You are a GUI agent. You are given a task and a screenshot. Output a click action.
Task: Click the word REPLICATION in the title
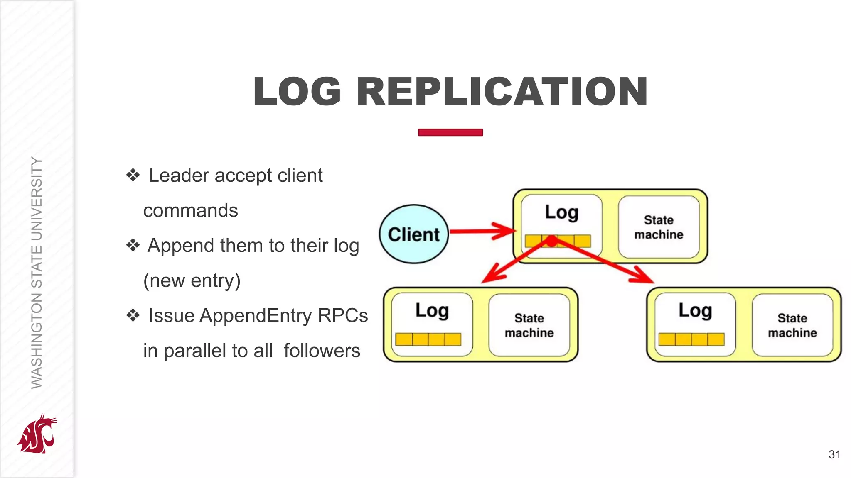[x=502, y=92]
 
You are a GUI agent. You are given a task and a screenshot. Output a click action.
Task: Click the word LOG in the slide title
[x=298, y=92]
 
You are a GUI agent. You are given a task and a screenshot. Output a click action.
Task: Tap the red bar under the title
[x=450, y=132]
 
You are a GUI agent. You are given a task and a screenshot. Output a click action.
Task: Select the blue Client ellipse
[x=414, y=234]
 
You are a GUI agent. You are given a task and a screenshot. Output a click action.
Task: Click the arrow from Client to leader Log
[x=482, y=231]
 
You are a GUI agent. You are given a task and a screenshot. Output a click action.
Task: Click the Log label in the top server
[x=561, y=212]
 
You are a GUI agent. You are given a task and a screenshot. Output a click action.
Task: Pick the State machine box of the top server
[x=659, y=227]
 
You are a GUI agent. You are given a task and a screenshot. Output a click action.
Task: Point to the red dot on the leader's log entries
[x=551, y=241]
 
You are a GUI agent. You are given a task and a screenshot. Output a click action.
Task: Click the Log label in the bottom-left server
[x=432, y=311]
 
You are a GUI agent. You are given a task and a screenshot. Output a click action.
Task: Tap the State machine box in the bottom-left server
[x=529, y=325]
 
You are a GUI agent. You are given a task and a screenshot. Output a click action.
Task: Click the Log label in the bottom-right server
[x=695, y=311]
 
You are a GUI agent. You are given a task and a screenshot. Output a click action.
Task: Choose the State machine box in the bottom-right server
[x=792, y=325]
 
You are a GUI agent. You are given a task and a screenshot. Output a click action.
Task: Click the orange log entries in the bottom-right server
[x=691, y=339]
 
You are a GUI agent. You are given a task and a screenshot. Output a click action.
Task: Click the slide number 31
[x=834, y=454]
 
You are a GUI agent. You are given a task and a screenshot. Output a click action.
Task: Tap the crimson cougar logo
[x=37, y=434]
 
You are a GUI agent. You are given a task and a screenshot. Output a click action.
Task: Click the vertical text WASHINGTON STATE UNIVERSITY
[x=37, y=273]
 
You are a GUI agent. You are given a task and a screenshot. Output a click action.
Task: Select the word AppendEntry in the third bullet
[x=255, y=315]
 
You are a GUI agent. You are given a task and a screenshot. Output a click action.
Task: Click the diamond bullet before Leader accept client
[x=133, y=175]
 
